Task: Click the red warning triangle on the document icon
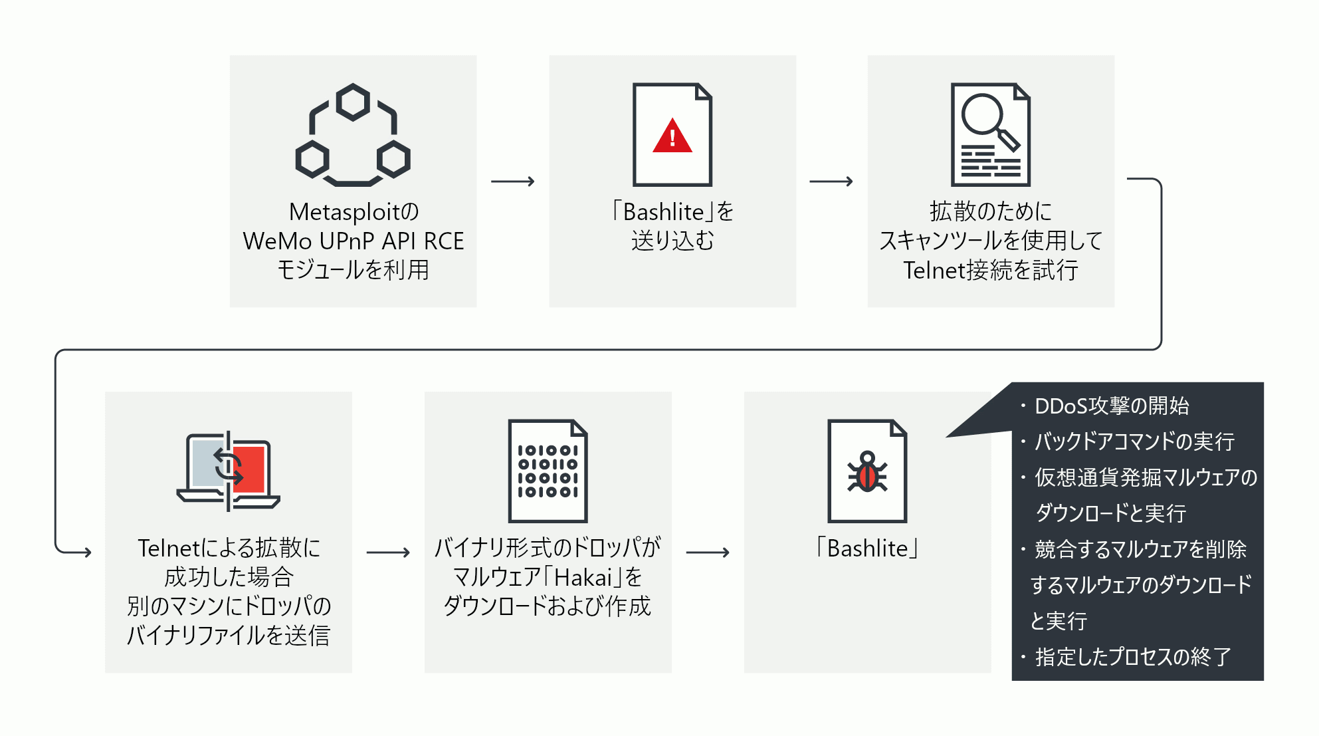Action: pyautogui.click(x=672, y=137)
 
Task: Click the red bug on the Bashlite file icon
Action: pyautogui.click(x=867, y=475)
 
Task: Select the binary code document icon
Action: pyautogui.click(x=548, y=471)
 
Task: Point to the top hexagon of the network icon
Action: pyautogui.click(x=353, y=102)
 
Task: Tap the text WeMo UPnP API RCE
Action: pyautogui.click(x=353, y=241)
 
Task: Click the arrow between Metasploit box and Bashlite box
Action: pyautogui.click(x=512, y=181)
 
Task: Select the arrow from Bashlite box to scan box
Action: pyautogui.click(x=831, y=181)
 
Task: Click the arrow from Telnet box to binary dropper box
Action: pyautogui.click(x=388, y=552)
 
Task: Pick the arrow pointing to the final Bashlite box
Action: pyautogui.click(x=707, y=552)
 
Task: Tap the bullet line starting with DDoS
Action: pyautogui.click(x=1112, y=406)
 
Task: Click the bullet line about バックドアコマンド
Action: pyautogui.click(x=1134, y=441)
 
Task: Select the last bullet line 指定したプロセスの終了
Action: pyautogui.click(x=1133, y=657)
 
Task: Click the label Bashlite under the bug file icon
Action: pyautogui.click(x=867, y=549)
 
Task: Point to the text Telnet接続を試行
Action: pyautogui.click(x=990, y=270)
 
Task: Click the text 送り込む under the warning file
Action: pyautogui.click(x=672, y=241)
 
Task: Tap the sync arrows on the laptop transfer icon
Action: pyautogui.click(x=228, y=465)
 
